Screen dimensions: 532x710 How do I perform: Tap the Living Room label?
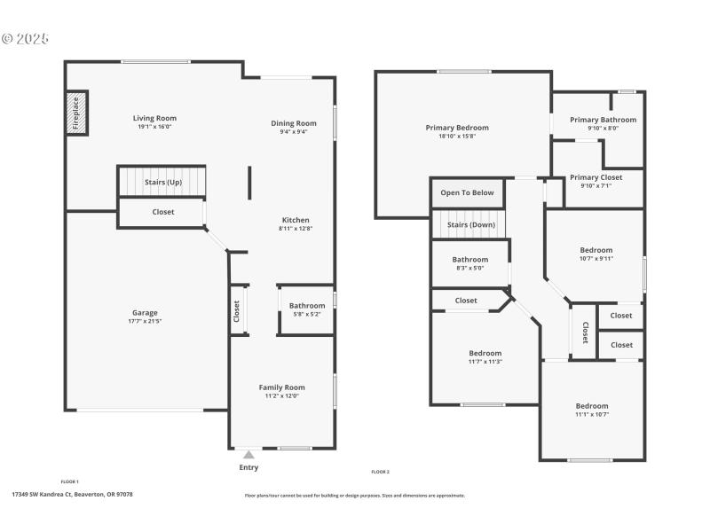(x=154, y=118)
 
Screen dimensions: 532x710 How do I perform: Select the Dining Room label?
(x=294, y=123)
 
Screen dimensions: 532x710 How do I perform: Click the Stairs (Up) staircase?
(x=162, y=182)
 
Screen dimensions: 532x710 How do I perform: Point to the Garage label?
(x=145, y=312)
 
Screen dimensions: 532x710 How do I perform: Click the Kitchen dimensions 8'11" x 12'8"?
(x=296, y=229)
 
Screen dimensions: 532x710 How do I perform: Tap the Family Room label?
(x=281, y=387)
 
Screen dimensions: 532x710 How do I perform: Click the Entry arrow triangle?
(x=248, y=455)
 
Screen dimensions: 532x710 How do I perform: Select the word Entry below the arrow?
(x=248, y=467)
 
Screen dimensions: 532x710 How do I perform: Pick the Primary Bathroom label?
(x=603, y=120)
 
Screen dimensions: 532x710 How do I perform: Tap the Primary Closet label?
(x=596, y=177)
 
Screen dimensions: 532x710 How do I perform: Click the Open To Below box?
(x=467, y=192)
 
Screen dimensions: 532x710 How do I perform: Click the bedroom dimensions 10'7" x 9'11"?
(x=596, y=259)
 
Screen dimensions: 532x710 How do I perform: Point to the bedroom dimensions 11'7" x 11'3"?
(x=485, y=362)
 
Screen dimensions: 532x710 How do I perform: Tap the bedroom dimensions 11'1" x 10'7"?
(x=592, y=414)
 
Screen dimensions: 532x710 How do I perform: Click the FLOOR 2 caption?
(x=380, y=472)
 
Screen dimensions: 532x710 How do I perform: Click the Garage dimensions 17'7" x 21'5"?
(x=145, y=321)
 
